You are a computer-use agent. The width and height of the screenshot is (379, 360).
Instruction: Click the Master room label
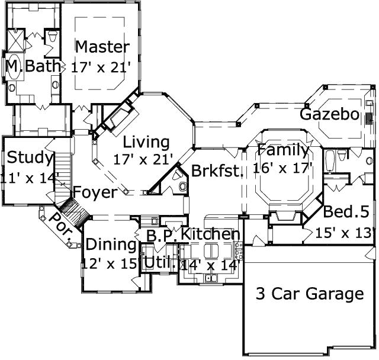tap(102, 47)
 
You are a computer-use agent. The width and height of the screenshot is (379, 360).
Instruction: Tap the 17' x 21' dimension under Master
tap(100, 67)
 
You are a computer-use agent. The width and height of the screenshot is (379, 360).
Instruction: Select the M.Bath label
tap(34, 66)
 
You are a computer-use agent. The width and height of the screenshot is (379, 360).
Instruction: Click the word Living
tap(146, 142)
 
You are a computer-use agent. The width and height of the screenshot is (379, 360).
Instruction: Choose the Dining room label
tap(111, 244)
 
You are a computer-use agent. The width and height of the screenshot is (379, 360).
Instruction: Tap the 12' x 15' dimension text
tap(111, 263)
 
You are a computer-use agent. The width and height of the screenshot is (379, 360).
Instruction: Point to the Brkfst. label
tap(217, 172)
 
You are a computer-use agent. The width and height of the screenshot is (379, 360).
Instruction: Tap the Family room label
tap(282, 150)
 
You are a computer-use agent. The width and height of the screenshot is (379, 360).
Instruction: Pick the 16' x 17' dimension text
tap(282, 168)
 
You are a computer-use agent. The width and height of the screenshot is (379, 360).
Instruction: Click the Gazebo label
tap(329, 114)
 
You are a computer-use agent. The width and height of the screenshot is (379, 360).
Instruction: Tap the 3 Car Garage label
tap(309, 294)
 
